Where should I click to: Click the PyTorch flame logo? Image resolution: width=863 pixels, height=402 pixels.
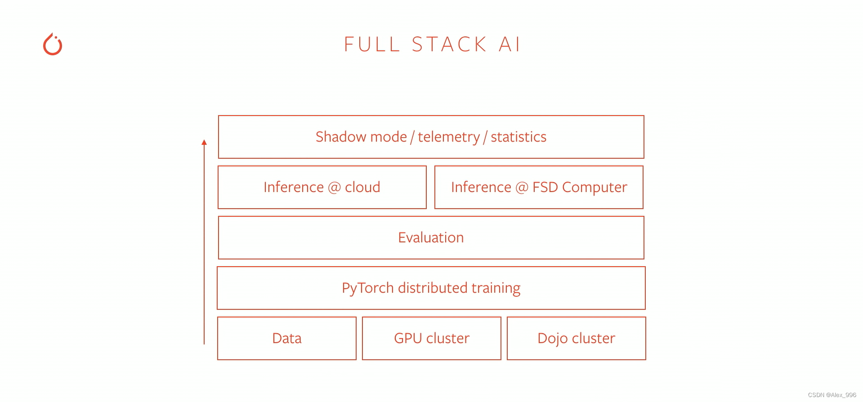(53, 45)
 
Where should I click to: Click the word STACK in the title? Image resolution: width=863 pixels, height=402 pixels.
(449, 45)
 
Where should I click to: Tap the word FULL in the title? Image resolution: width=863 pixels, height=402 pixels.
(372, 45)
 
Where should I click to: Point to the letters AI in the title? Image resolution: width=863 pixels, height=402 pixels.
(510, 45)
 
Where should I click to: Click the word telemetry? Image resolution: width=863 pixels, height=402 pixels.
(449, 137)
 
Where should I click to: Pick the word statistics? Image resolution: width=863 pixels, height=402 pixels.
(519, 137)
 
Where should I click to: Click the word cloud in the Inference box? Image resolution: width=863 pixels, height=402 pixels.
(362, 187)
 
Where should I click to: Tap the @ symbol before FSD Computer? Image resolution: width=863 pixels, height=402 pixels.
(522, 187)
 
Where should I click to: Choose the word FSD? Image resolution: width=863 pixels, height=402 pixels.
(545, 187)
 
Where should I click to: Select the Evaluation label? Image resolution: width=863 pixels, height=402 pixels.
(431, 237)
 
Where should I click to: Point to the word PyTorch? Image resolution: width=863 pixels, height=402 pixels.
(368, 288)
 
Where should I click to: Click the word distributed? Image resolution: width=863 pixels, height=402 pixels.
(433, 288)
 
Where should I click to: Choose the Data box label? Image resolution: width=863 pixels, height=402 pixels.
(287, 338)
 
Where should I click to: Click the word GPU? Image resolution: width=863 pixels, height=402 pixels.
(408, 338)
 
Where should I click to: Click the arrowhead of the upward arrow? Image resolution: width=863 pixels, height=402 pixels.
(204, 142)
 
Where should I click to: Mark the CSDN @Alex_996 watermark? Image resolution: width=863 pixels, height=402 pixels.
(832, 395)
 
